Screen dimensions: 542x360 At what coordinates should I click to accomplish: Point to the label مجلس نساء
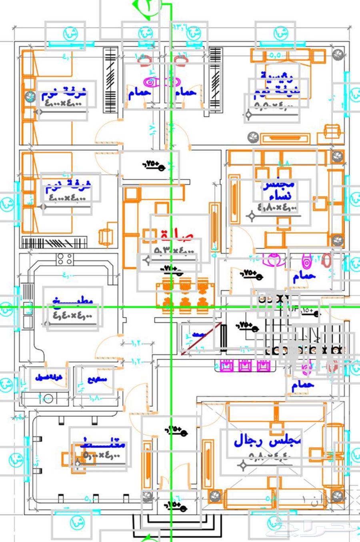279,191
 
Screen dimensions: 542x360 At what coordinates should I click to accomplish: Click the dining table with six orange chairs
185,296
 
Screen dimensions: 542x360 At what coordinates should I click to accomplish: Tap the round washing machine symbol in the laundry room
48,398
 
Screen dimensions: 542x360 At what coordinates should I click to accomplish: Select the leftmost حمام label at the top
140,93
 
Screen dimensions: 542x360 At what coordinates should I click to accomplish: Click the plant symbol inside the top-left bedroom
29,96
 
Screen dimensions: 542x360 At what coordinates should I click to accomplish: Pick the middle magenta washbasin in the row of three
244,365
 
